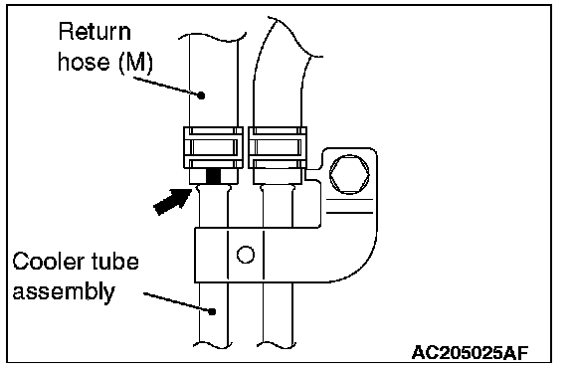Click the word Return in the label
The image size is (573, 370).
(x=95, y=32)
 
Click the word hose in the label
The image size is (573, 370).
(x=84, y=62)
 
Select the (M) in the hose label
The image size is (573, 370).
(x=135, y=63)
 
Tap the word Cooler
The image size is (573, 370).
(x=46, y=262)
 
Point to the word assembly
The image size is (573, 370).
(x=64, y=292)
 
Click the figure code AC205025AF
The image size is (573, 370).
(x=470, y=352)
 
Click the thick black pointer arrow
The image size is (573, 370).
(x=172, y=201)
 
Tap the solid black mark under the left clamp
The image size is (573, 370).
(x=214, y=176)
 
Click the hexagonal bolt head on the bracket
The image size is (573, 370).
(x=349, y=174)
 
